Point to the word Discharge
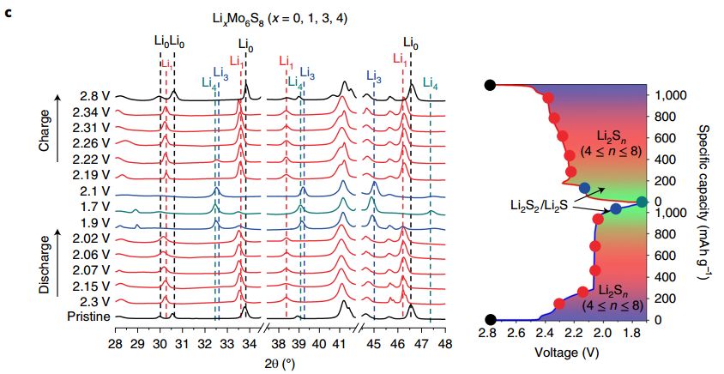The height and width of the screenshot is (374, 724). point(45,262)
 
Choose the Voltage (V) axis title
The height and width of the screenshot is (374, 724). point(566,352)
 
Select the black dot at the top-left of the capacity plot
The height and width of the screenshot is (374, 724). point(489,85)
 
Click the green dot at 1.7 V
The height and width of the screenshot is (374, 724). point(643,202)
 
